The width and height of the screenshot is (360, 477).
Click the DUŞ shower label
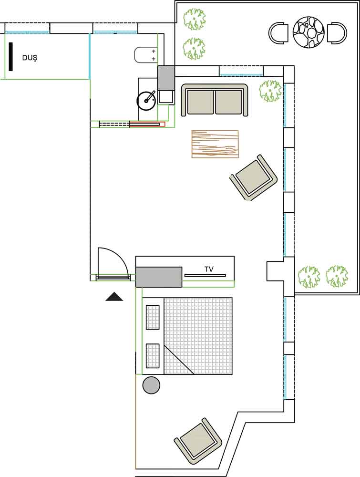30,58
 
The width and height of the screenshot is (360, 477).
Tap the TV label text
209,269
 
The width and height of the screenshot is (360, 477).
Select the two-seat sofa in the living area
215,100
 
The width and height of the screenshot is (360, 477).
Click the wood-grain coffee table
215,144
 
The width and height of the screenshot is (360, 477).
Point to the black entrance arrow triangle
114,296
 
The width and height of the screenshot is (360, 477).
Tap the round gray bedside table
151,385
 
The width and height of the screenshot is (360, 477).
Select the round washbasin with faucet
146,100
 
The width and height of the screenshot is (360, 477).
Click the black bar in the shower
11,57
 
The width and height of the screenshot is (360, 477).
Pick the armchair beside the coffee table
254,177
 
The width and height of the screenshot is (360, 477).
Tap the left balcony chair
278,32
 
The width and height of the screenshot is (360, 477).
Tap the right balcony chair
337,32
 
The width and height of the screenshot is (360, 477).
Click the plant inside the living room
270,90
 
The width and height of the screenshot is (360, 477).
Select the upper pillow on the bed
153,317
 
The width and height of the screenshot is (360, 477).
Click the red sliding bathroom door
147,124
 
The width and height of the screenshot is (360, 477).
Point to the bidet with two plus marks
145,55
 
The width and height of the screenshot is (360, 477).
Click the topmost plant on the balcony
195,20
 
